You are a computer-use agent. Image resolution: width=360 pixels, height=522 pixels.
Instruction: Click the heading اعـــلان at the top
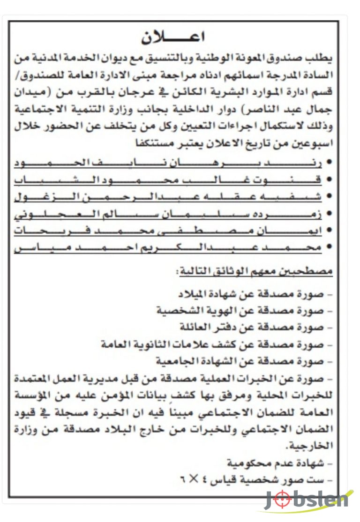tap(173, 37)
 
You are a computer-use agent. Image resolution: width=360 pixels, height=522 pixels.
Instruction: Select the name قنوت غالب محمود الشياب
tap(169, 180)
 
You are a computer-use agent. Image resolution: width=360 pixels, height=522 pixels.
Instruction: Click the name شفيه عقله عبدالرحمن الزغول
tap(169, 197)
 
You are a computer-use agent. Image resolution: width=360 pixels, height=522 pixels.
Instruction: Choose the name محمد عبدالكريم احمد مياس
tap(169, 247)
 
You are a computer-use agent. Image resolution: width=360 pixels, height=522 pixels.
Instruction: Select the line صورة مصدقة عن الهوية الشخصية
tap(244, 311)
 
